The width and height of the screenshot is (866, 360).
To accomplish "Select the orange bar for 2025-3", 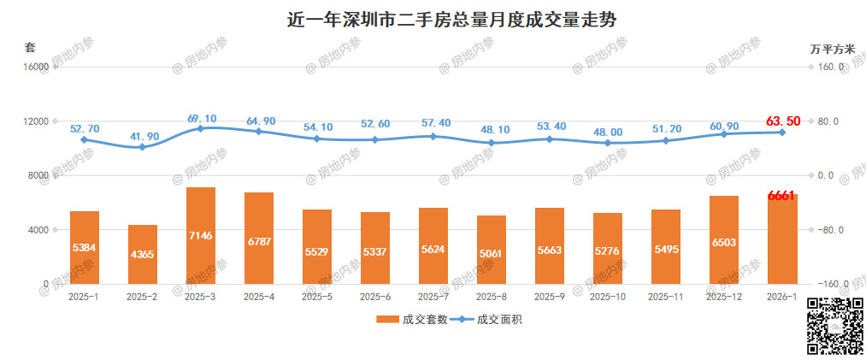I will (x=201, y=235).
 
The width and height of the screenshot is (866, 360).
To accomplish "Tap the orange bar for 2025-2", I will (x=143, y=254).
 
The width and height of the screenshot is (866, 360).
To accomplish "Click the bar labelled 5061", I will (x=492, y=250).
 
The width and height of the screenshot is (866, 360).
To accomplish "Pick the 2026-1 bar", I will (x=782, y=239).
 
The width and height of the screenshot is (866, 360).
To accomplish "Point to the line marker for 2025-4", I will (x=259, y=132).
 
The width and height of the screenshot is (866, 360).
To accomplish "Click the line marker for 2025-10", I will (x=608, y=143).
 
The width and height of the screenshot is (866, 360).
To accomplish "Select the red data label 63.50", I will (x=783, y=121).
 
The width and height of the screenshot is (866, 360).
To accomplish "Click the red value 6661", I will (x=782, y=196).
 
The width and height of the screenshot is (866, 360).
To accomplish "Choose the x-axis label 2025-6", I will (x=375, y=297).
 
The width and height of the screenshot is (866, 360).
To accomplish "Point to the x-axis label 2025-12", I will (x=724, y=297).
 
